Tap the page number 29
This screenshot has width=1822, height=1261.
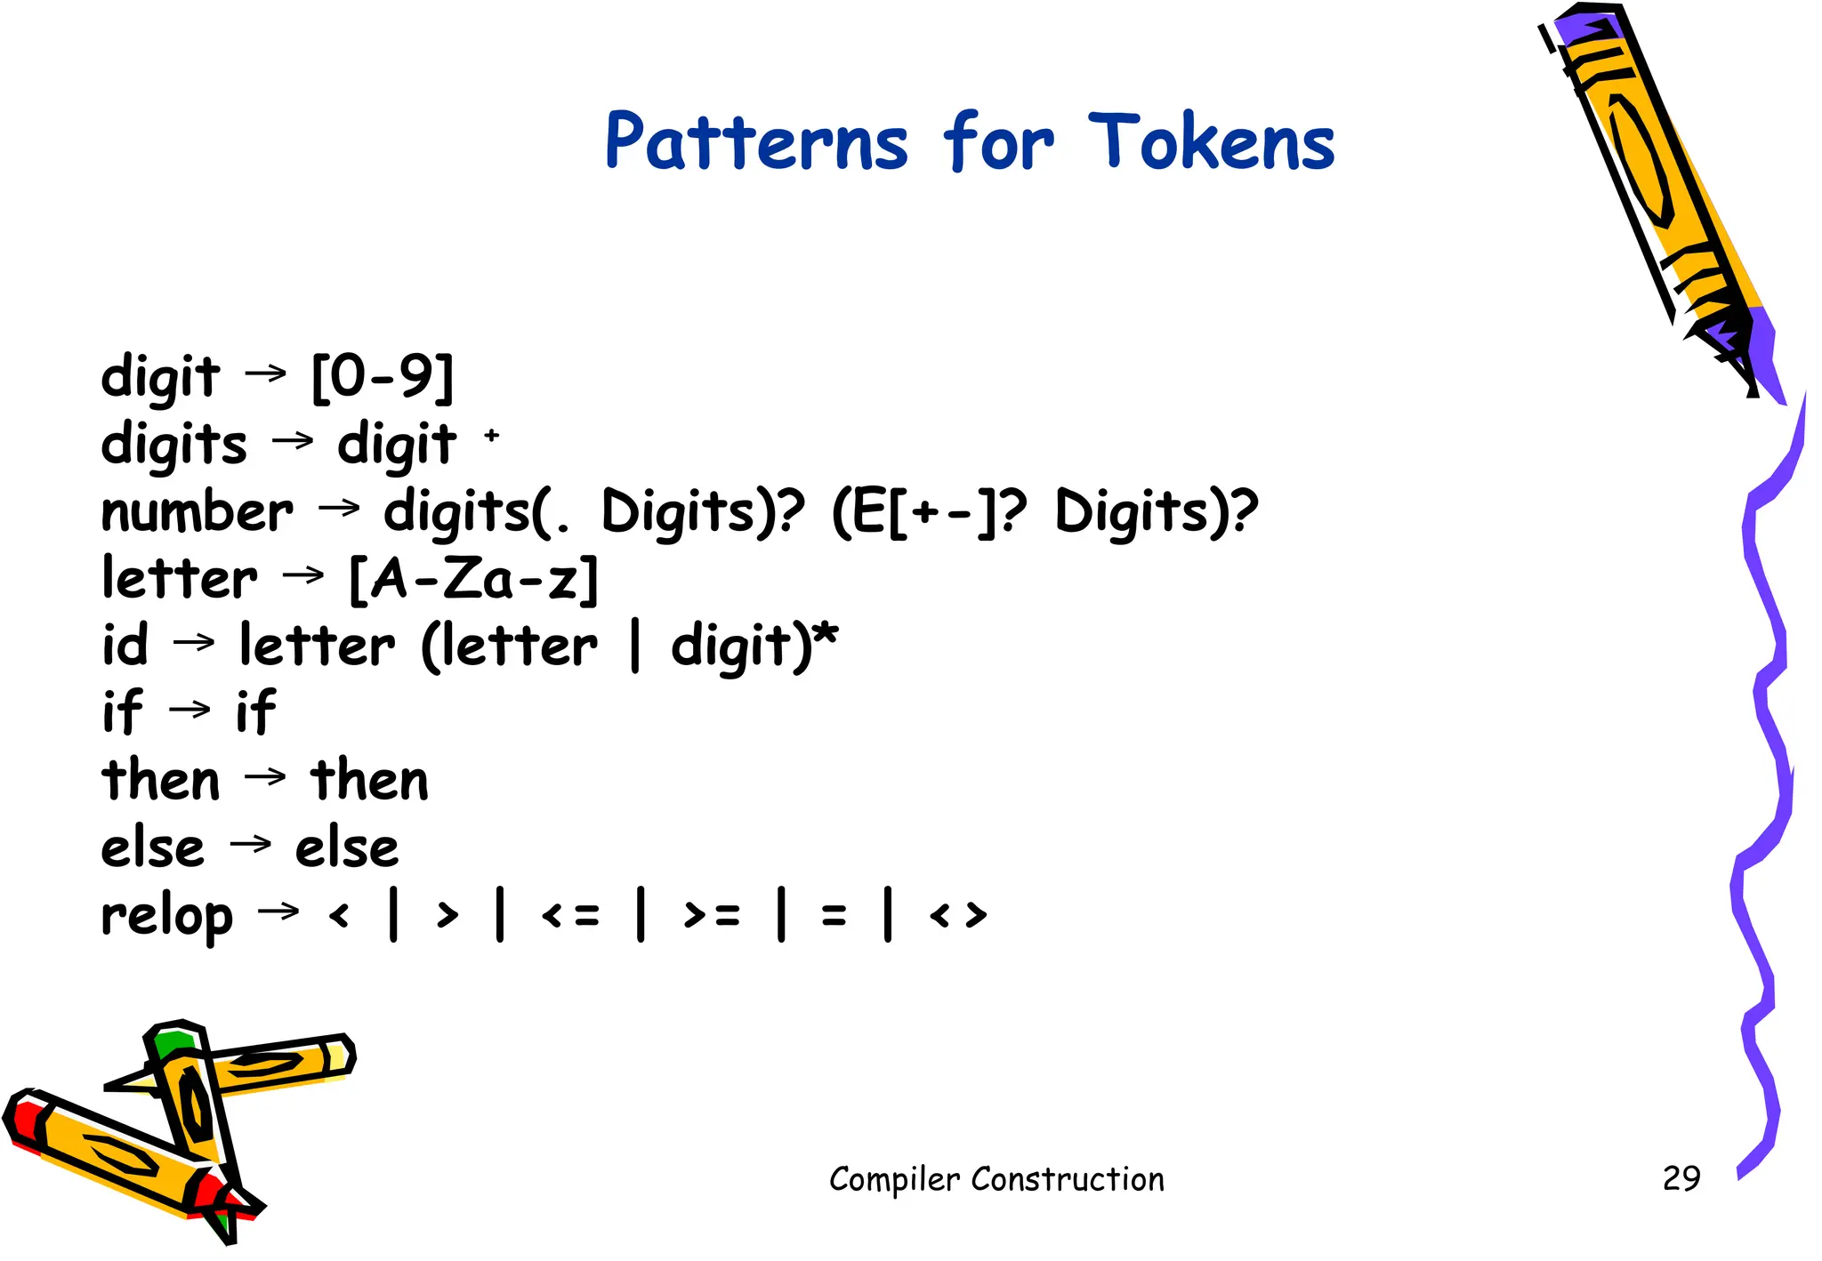[1681, 1178]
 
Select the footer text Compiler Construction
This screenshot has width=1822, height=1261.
[996, 1179]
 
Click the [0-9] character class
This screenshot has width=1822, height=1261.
[383, 376]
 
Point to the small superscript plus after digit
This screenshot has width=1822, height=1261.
[492, 435]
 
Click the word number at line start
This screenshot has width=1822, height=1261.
[197, 513]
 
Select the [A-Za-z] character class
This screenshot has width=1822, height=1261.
[473, 580]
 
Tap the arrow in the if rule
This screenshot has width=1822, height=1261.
[189, 710]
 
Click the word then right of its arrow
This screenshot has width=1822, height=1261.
[369, 781]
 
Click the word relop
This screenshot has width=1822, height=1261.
[167, 916]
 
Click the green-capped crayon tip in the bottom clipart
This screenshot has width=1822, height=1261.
[173, 1040]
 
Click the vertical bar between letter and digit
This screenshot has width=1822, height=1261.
[634, 647]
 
